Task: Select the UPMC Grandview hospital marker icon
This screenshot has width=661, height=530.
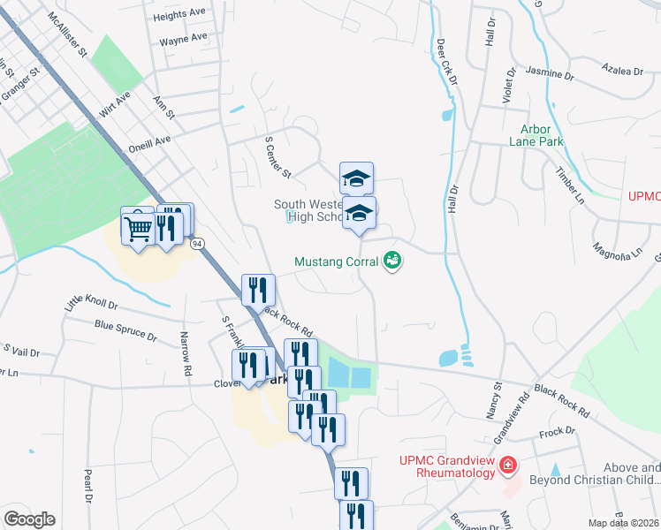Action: [x=507, y=465]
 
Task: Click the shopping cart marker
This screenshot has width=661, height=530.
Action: [x=138, y=228]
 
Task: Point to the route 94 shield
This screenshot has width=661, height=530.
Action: [x=198, y=243]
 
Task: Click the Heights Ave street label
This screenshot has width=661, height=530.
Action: [x=181, y=15]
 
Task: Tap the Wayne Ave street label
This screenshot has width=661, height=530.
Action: [x=184, y=39]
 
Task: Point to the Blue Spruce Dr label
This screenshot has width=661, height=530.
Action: [x=125, y=330]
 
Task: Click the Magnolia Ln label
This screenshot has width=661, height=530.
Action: [x=617, y=251]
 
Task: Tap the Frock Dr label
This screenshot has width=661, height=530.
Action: [x=557, y=433]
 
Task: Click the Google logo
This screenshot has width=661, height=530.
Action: [x=29, y=519]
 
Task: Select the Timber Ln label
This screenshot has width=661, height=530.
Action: [x=570, y=185]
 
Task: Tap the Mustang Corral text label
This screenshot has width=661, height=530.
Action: [x=337, y=261]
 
